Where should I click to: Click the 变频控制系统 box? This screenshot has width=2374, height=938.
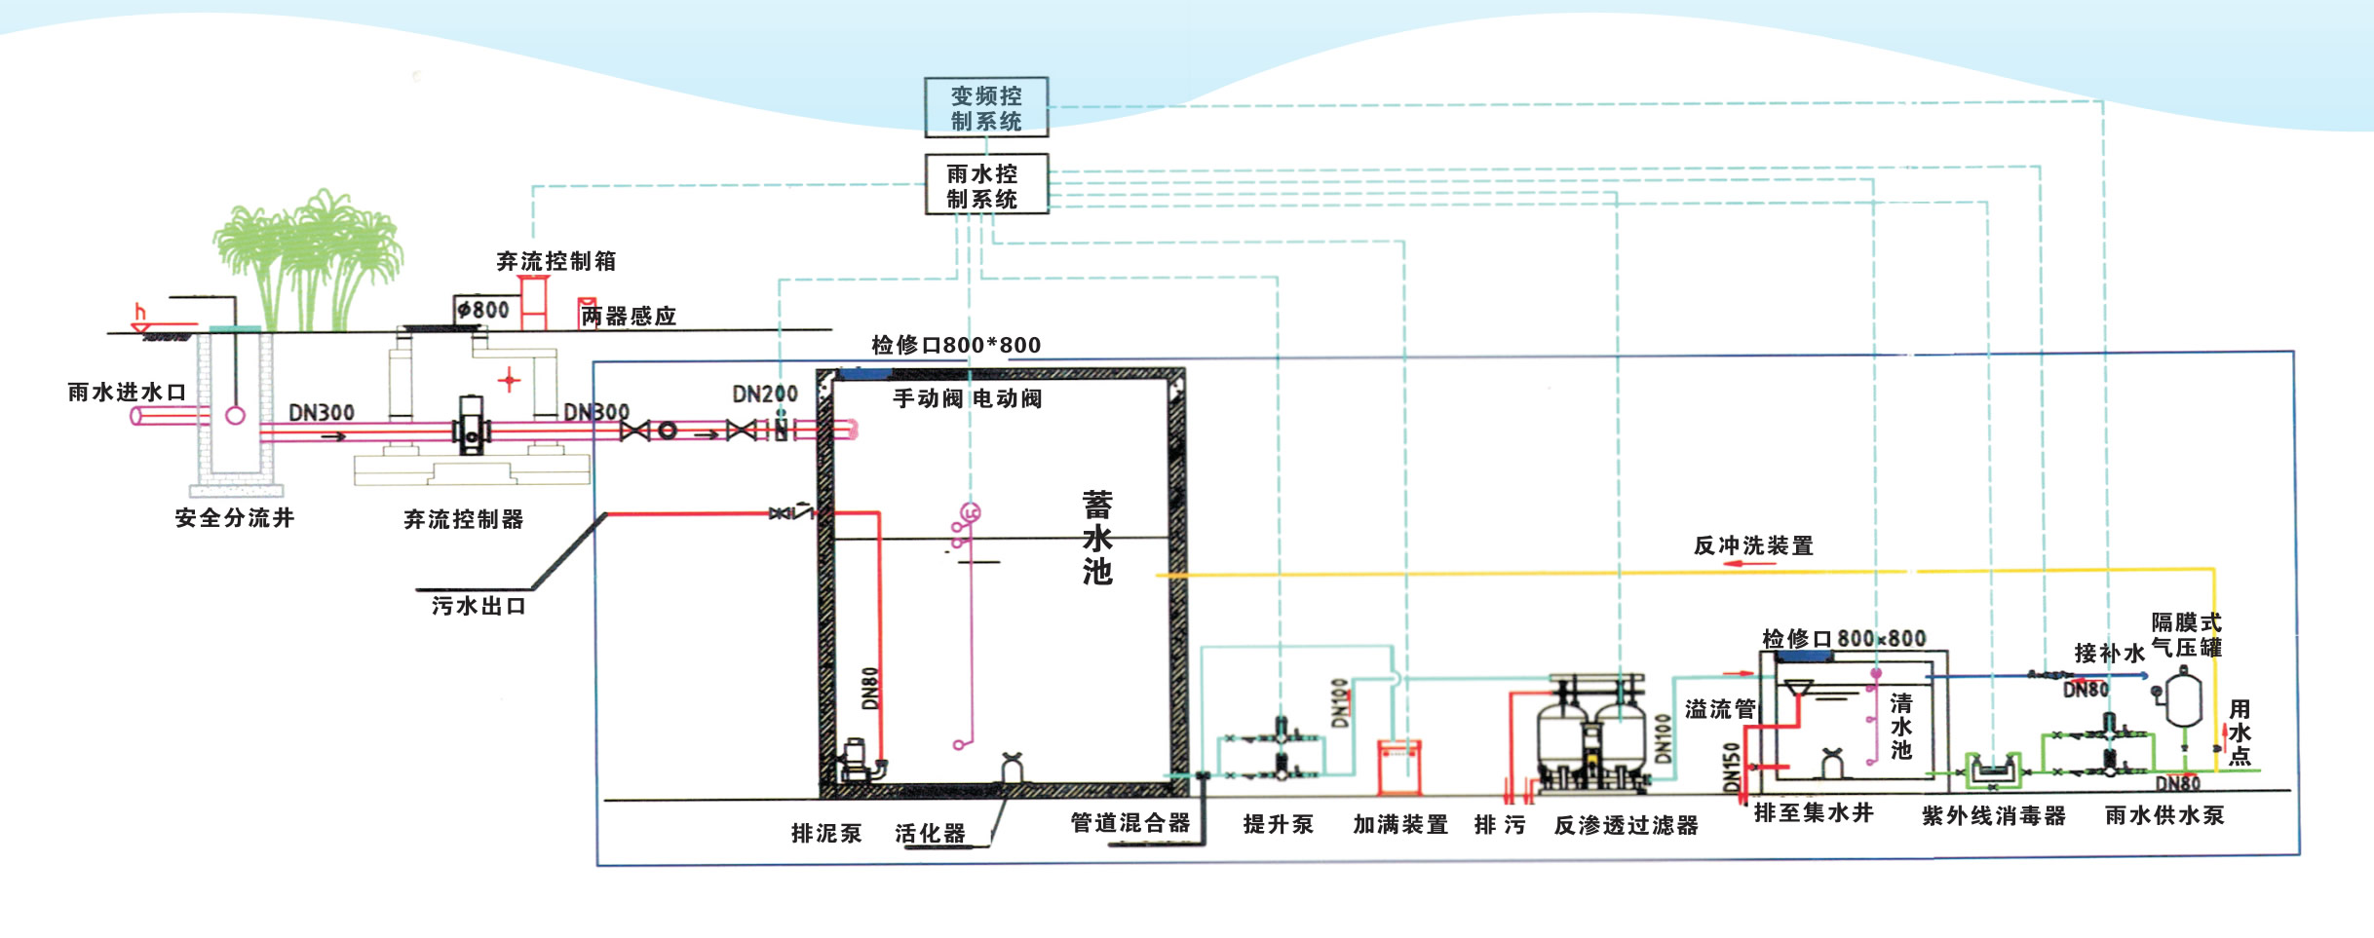(986, 107)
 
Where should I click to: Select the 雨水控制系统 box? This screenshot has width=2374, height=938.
(985, 185)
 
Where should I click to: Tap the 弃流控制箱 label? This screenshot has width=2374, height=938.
(555, 261)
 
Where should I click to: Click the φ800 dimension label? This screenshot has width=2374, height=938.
(484, 310)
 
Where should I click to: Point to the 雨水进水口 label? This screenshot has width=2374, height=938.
(127, 393)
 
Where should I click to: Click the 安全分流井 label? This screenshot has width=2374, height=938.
(235, 518)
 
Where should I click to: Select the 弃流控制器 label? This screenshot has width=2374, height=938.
(464, 519)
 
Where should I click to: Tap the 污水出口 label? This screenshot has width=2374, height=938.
(479, 606)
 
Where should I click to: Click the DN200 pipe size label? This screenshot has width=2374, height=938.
(764, 394)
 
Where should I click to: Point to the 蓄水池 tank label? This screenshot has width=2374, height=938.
(1097, 538)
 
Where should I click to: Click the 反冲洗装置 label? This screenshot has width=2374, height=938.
(1753, 545)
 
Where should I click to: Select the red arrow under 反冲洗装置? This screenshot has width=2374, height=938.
(1750, 564)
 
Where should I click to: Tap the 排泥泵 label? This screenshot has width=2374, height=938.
(826, 834)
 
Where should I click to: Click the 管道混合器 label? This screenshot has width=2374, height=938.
(1130, 823)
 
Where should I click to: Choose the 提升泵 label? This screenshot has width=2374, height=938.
(1279, 825)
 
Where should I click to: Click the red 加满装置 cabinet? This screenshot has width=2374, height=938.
(1398, 767)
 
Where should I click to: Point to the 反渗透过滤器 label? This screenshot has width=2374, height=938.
(1626, 826)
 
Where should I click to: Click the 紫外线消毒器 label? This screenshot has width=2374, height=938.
(1994, 816)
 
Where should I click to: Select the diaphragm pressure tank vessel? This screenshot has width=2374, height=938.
(2184, 699)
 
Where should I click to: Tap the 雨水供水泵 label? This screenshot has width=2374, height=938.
(2164, 815)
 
